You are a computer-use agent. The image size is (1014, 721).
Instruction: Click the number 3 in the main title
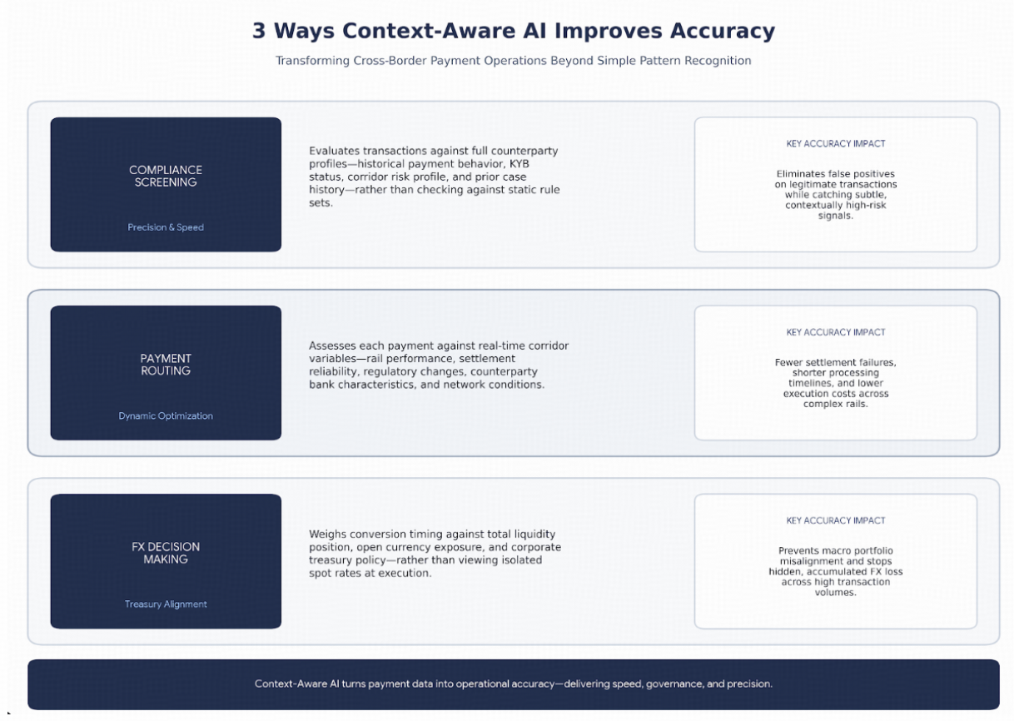258,32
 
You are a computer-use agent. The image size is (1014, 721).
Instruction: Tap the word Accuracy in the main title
722,32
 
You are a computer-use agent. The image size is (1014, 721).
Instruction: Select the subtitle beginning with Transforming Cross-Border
514,61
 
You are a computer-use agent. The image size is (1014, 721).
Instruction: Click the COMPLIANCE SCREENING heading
166,176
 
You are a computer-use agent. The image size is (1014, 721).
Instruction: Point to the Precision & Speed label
166,227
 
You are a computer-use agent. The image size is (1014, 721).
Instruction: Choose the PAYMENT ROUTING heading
166,365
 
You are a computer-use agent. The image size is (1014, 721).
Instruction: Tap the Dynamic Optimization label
166,415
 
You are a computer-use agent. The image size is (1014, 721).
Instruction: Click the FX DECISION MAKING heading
166,553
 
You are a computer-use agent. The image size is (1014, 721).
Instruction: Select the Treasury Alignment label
166,604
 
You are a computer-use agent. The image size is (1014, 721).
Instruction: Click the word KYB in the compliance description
519,163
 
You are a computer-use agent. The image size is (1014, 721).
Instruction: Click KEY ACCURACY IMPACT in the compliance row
836,143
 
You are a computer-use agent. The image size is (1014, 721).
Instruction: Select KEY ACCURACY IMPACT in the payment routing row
836,332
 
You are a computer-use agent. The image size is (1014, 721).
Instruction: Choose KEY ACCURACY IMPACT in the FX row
836,520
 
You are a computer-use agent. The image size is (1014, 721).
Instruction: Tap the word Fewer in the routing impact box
788,362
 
